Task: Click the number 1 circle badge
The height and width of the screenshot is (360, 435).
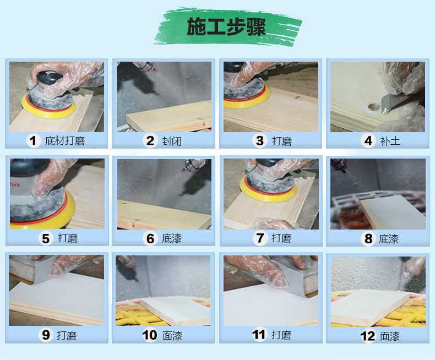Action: coord(34,141)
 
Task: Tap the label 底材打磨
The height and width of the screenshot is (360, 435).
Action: coord(65,141)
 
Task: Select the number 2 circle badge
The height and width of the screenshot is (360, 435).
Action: coord(149,141)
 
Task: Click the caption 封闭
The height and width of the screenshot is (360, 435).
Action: coord(172,141)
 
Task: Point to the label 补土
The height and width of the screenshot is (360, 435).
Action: coord(390,141)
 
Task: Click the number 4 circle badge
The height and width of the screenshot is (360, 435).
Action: coord(368,141)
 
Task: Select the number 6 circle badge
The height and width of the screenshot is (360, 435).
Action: coord(149,238)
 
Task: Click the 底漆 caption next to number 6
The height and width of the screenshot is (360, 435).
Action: coord(172,238)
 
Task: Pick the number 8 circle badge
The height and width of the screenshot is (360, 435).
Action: coord(367,239)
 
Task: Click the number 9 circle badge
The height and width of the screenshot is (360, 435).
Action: coord(46,335)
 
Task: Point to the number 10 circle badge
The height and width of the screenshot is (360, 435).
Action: coord(150,335)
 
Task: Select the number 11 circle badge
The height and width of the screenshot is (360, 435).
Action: coord(259,335)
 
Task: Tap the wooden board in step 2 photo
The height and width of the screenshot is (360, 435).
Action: coord(171,117)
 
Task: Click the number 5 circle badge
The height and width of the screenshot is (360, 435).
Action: coord(46,238)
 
